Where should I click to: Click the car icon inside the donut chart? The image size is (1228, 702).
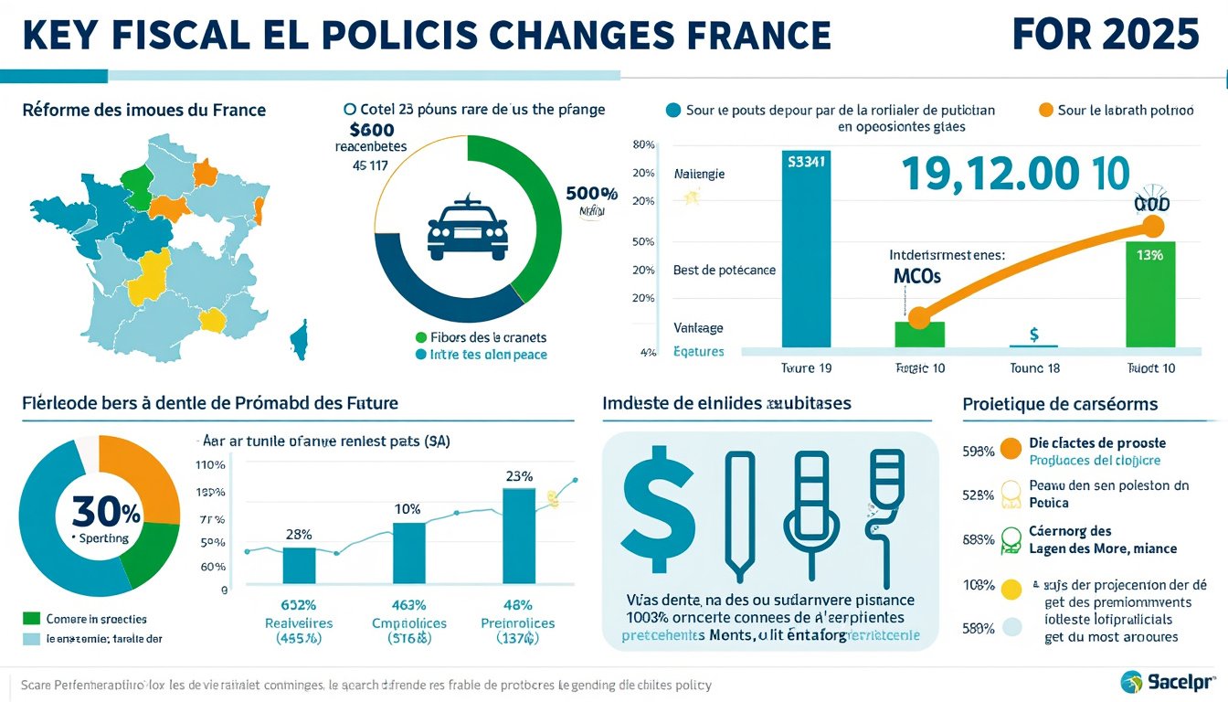[467, 229]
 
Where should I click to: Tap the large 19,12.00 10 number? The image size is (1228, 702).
[1015, 173]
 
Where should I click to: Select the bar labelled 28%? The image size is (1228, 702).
[299, 564]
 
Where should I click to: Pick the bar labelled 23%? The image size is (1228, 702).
[519, 535]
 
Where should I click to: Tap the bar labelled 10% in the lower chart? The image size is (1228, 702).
[409, 552]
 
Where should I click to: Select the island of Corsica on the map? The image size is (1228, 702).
[298, 340]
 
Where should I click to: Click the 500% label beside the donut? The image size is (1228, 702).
[591, 194]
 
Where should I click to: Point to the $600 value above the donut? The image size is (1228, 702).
[372, 131]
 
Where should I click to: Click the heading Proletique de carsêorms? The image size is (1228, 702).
[1060, 403]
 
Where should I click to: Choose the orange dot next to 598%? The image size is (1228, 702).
[1010, 449]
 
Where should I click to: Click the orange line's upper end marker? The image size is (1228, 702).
[1153, 226]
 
